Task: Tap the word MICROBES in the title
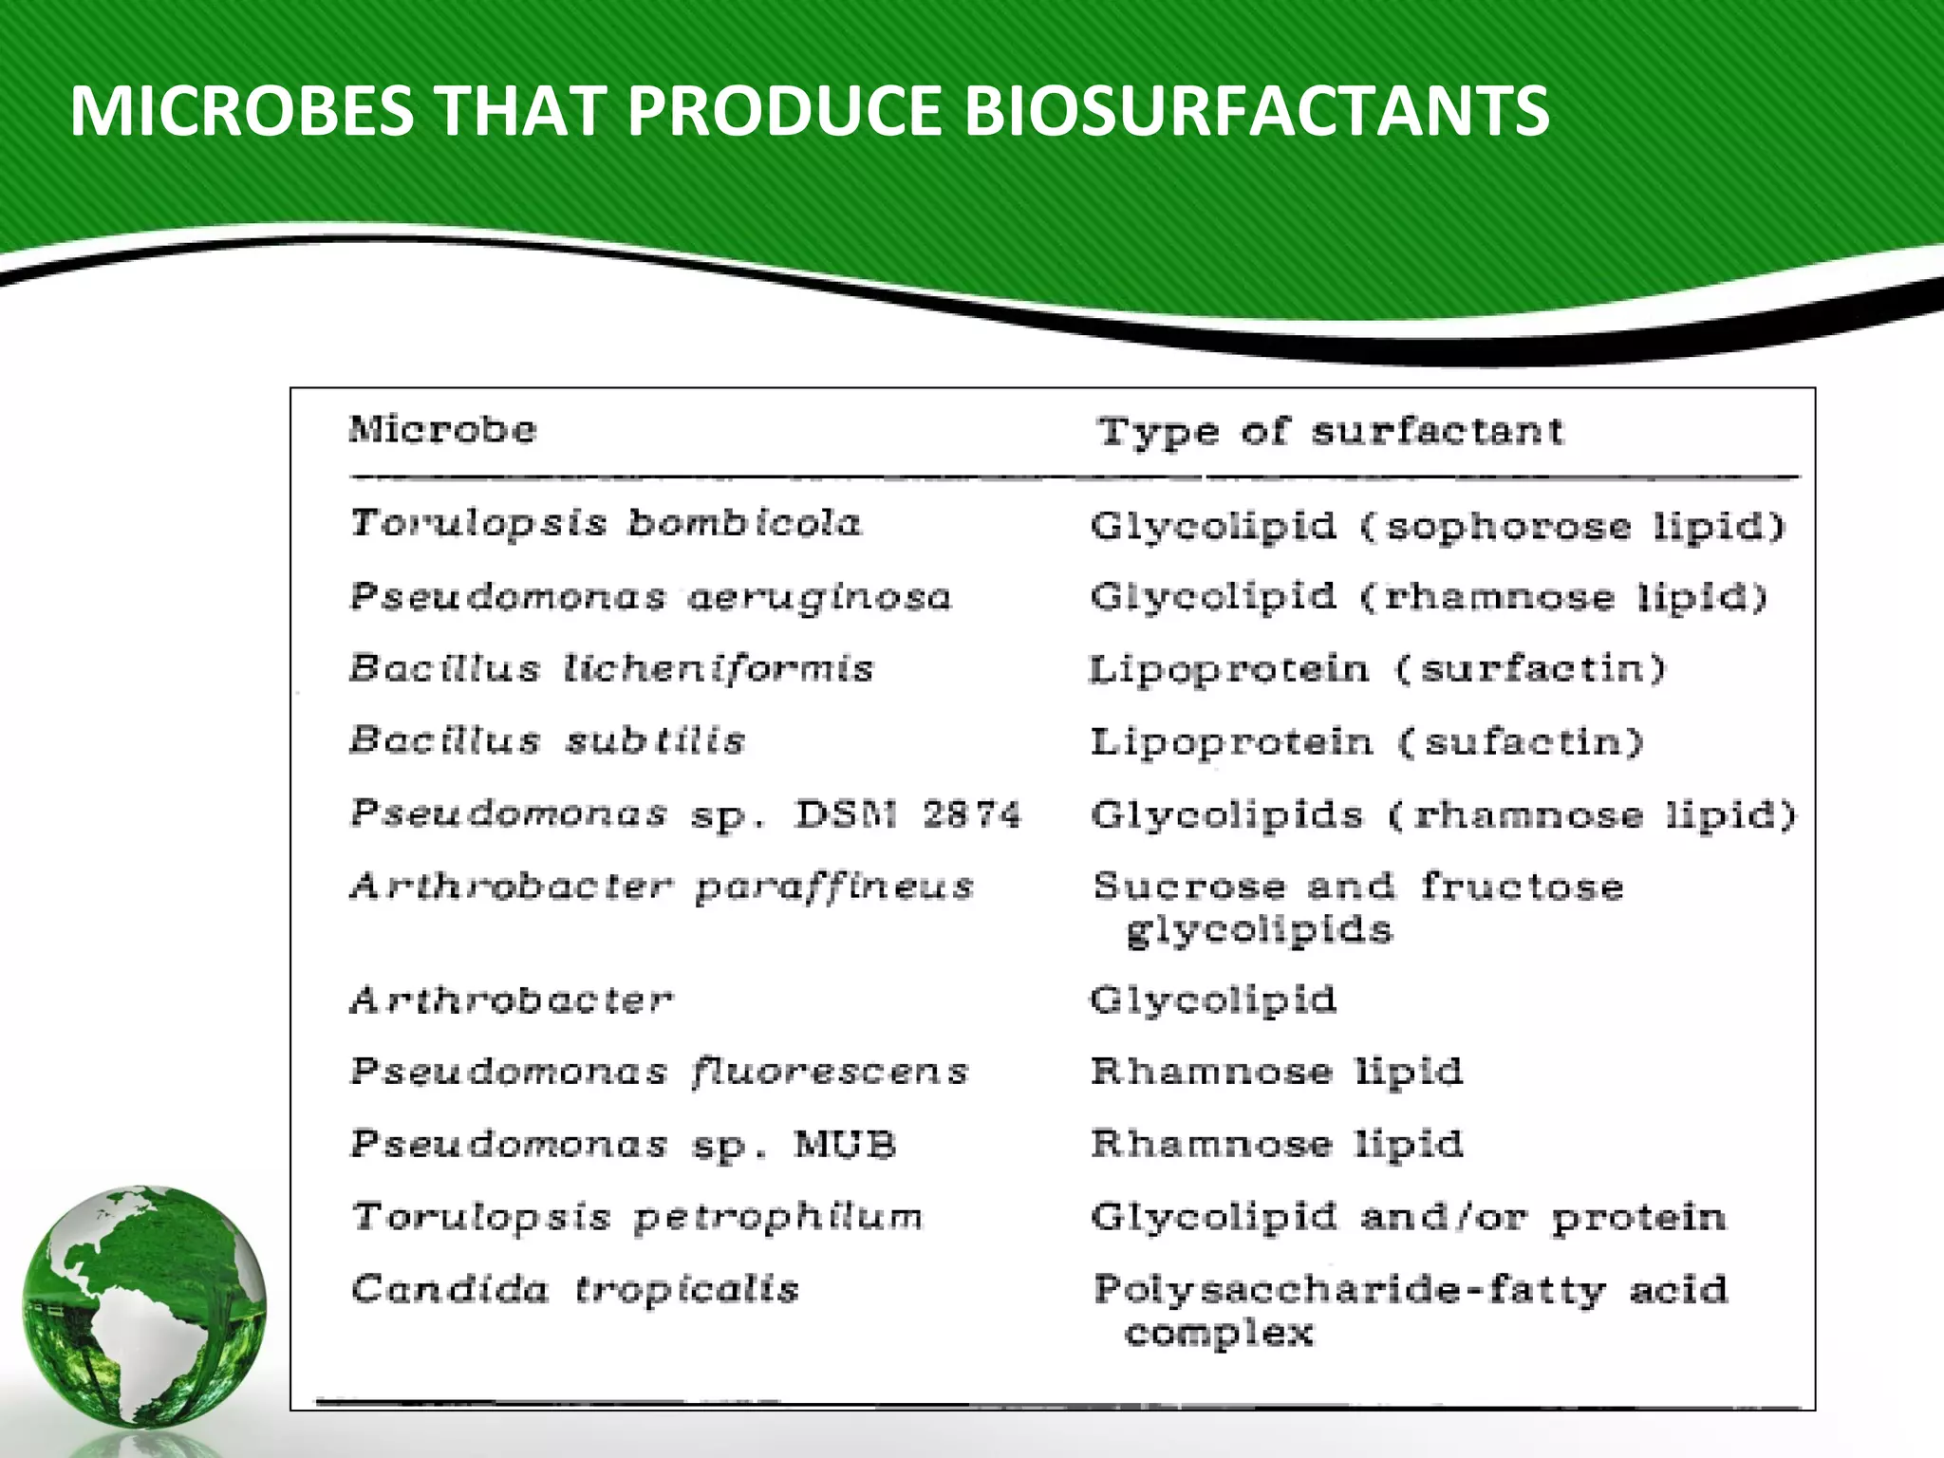click(241, 111)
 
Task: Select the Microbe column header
click(442, 429)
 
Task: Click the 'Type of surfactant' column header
click(1330, 432)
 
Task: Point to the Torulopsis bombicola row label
click(606, 523)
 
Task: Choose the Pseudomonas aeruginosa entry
click(650, 597)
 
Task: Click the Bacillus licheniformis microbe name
click(610, 668)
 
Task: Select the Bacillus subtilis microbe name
click(548, 740)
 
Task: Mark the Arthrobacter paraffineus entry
click(662, 888)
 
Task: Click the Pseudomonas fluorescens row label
click(659, 1072)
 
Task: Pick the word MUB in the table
click(845, 1145)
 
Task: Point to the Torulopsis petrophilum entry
click(637, 1217)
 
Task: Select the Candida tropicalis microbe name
click(574, 1289)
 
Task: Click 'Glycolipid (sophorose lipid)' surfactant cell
click(1437, 526)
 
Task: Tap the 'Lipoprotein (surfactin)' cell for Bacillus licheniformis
click(1376, 669)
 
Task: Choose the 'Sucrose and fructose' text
click(1358, 887)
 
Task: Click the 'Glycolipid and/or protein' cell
click(1408, 1217)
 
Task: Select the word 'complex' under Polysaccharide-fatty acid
click(1219, 1334)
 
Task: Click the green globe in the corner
click(144, 1306)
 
